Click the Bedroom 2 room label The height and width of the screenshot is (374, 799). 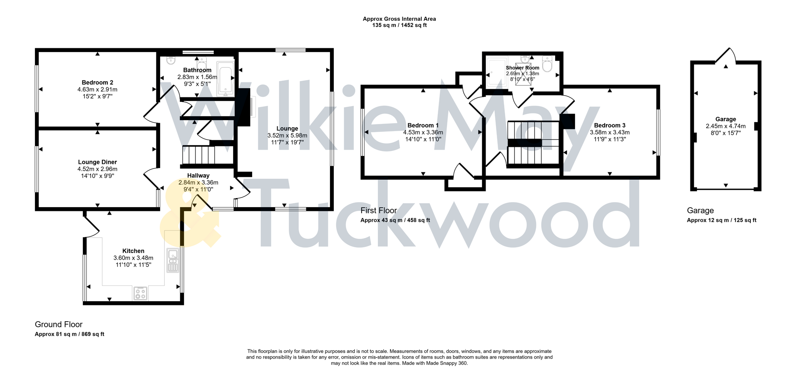97,82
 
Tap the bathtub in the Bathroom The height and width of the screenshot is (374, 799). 226,77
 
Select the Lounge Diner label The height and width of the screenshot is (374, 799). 97,162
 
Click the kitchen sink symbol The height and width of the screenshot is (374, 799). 173,260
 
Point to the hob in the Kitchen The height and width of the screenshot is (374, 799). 140,293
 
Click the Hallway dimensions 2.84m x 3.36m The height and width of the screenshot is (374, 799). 198,182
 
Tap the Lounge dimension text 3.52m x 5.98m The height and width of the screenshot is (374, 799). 287,135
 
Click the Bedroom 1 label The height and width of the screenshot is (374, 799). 423,125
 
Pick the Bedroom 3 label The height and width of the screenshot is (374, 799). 610,125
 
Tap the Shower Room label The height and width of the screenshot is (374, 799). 522,67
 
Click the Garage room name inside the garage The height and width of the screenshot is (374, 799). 725,119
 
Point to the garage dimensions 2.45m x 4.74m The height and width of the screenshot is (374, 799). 725,126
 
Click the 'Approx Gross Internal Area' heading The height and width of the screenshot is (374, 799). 399,19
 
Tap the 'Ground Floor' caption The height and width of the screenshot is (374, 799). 59,324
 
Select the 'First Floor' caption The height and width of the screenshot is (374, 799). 379,210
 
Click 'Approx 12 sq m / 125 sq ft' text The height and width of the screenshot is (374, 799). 721,220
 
